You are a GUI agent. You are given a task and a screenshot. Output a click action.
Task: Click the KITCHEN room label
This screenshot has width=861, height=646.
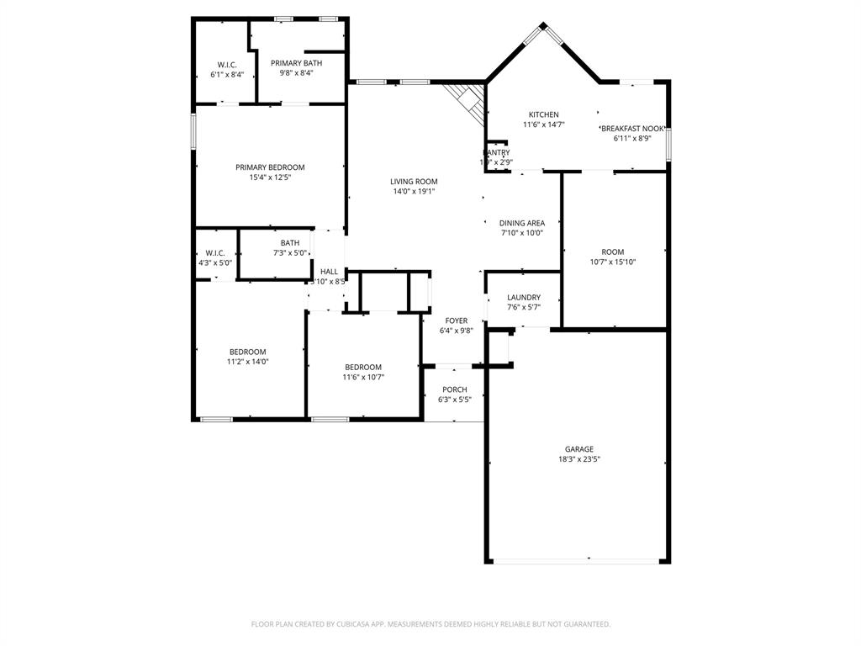pos(543,114)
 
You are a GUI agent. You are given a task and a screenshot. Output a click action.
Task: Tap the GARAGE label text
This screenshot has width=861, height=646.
pos(579,449)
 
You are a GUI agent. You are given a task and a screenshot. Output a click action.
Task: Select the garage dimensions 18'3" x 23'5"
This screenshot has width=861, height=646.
pos(579,459)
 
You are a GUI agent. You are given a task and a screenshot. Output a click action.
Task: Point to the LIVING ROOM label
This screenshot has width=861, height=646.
pos(414,181)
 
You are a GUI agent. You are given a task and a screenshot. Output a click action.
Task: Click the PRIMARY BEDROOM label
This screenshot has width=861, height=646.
pos(270,167)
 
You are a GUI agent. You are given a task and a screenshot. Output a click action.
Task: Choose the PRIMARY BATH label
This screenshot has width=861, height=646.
pos(295,63)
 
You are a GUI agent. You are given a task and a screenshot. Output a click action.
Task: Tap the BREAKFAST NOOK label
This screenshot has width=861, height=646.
pos(633,129)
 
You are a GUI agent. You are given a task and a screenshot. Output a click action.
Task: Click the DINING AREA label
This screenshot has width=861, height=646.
pos(522,223)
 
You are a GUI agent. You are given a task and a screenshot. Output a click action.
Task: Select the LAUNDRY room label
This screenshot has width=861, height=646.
pos(523,298)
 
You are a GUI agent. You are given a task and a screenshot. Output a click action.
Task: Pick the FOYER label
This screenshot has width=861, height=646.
pos(457,320)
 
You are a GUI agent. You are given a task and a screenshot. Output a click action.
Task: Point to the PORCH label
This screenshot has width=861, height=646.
pos(455,389)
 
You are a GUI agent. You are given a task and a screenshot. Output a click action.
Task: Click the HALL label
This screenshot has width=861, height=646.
pos(329,272)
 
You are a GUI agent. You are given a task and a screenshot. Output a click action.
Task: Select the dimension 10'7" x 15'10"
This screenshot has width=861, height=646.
pos(613,262)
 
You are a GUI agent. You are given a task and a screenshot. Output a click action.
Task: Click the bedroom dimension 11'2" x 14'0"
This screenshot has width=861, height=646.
pos(247,362)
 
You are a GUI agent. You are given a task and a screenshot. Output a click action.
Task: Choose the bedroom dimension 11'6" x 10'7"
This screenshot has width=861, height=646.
pos(363,377)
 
